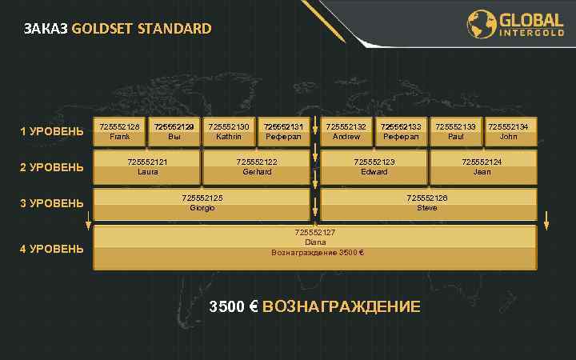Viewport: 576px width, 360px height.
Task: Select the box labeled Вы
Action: (174, 131)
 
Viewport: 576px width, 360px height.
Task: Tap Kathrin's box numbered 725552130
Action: (229, 131)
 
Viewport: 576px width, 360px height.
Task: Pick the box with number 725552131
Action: (283, 131)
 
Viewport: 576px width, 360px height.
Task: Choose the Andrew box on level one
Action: (346, 131)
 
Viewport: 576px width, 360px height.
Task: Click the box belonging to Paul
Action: (455, 131)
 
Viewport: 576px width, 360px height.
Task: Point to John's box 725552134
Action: (509, 131)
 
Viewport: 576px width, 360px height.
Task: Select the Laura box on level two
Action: (147, 167)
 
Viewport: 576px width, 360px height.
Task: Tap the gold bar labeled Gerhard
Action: (257, 167)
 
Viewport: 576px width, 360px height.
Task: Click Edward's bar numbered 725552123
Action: (374, 167)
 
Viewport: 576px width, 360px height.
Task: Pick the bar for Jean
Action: (482, 167)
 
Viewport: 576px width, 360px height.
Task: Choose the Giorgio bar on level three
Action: (202, 203)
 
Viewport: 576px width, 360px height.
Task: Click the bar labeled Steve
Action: (427, 203)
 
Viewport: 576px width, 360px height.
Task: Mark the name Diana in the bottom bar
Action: (315, 242)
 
